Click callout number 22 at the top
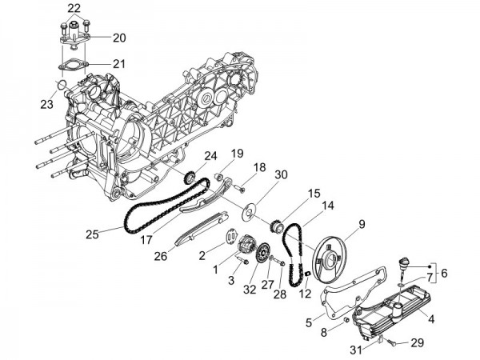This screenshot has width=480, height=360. (74, 8)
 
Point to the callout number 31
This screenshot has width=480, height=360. (356, 349)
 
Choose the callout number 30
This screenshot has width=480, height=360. (258, 174)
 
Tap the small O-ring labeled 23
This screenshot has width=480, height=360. (58, 85)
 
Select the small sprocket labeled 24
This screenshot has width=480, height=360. (190, 178)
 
